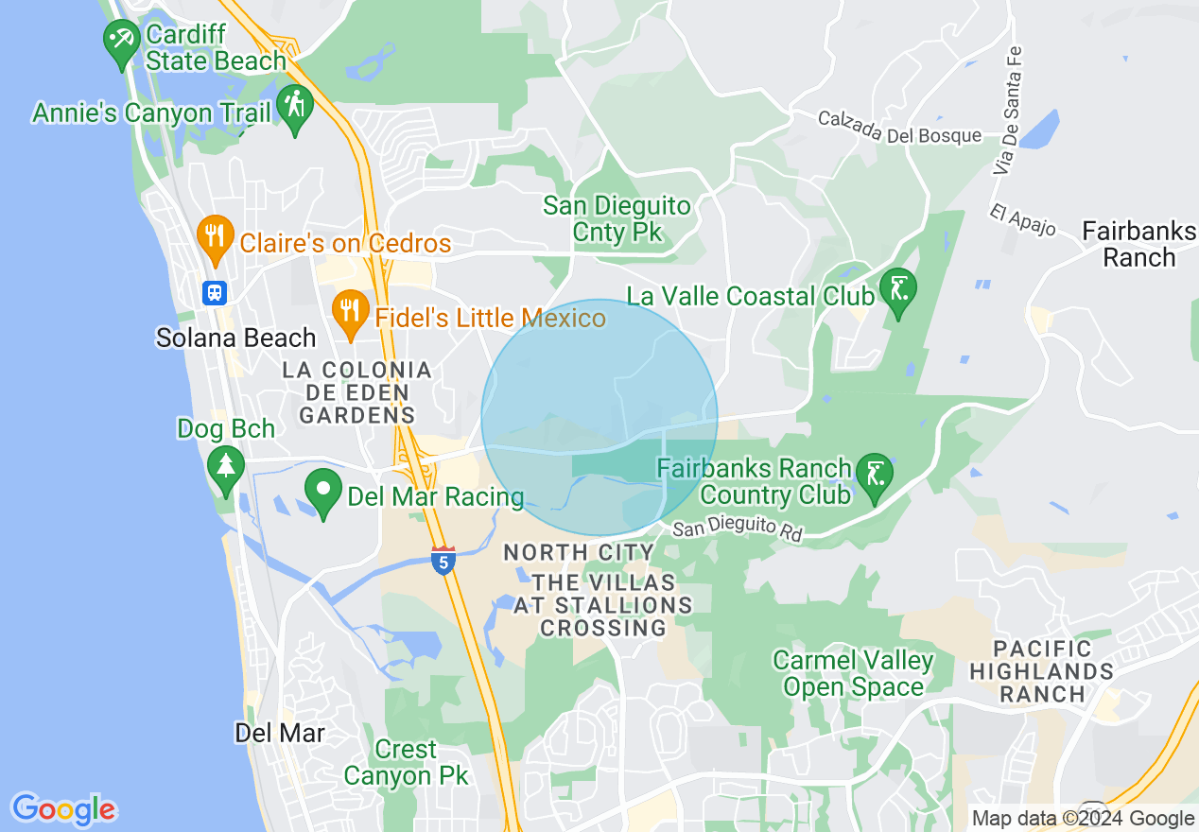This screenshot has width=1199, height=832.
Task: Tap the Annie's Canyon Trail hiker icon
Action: click(295, 106)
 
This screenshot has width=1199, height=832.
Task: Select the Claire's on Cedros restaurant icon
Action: click(216, 236)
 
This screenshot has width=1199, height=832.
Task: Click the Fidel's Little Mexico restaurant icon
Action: click(350, 310)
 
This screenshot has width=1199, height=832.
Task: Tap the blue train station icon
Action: click(215, 292)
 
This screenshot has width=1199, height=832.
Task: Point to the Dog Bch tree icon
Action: click(225, 467)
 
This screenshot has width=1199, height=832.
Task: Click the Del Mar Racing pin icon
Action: click(323, 491)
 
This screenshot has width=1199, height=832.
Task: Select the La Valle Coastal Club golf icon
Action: click(896, 289)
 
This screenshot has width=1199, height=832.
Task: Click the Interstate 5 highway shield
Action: click(443, 560)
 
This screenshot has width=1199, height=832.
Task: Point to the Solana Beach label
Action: click(236, 338)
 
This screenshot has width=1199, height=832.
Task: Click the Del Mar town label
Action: click(280, 733)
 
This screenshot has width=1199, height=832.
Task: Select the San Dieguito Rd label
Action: click(738, 529)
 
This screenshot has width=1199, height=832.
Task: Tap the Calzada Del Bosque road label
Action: click(899, 127)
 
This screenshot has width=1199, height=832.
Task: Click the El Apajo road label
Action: click(1023, 220)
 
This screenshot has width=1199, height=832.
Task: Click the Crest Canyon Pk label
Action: click(406, 763)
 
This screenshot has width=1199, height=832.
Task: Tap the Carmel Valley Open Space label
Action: click(853, 673)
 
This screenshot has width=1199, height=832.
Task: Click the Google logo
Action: click(63, 808)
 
